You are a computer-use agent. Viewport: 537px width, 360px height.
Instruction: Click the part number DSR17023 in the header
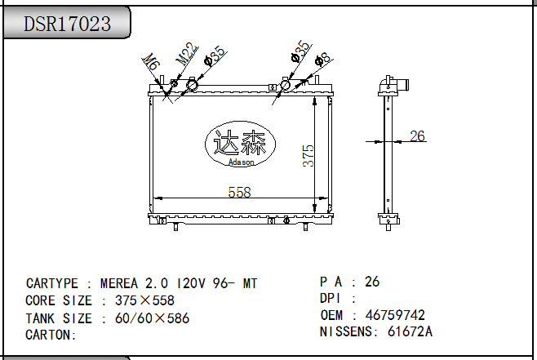tap(67, 24)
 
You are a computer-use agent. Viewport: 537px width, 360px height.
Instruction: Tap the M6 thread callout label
tap(151, 62)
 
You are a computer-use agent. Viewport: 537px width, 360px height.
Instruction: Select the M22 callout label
tap(187, 53)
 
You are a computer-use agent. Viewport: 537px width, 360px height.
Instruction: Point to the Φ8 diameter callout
tap(322, 59)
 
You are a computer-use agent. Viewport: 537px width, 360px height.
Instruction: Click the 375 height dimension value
tap(308, 156)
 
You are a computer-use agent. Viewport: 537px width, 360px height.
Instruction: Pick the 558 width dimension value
tap(239, 192)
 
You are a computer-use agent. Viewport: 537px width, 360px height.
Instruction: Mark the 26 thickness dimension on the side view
tap(418, 136)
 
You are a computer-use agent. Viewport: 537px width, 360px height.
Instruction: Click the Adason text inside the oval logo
tap(242, 162)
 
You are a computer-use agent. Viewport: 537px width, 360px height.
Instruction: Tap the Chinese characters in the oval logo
tap(240, 143)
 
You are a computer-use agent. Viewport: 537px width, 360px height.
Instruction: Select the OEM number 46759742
tap(395, 315)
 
